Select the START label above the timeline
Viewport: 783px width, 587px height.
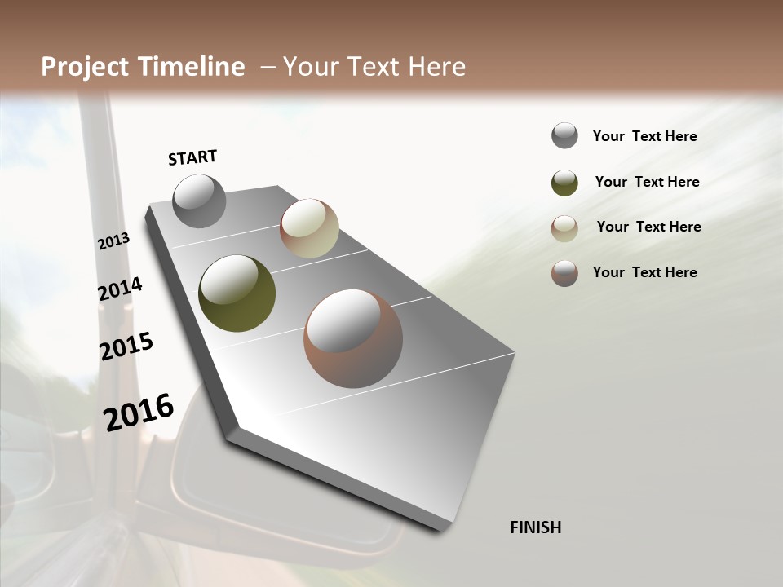point(192,157)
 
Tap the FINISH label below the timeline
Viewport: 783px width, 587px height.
point(535,527)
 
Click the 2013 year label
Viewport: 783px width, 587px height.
point(113,241)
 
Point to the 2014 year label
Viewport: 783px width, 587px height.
point(120,289)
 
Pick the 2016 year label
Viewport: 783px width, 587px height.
point(139,413)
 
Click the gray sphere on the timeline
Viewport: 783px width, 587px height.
point(199,201)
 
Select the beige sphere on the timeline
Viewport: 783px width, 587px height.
point(309,228)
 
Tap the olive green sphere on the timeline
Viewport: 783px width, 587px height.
point(237,293)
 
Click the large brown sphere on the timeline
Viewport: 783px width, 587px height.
point(352,338)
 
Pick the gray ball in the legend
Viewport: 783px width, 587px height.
point(564,136)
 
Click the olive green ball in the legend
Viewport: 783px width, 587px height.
point(564,183)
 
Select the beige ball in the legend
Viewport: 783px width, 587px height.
point(564,228)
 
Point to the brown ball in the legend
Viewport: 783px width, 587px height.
point(564,273)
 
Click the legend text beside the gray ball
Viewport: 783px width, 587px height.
point(644,136)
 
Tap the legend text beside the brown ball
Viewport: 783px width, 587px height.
point(644,272)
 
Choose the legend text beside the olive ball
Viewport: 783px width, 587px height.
point(647,182)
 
